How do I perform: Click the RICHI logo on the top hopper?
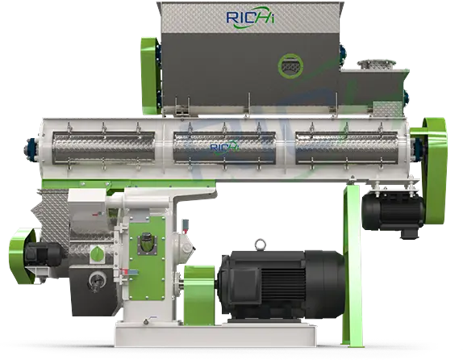pos(250,18)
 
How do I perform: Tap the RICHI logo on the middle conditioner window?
pos(224,147)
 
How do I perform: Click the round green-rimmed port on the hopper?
pos(290,66)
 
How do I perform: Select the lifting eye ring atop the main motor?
pos(260,245)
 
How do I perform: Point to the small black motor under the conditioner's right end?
pos(393,211)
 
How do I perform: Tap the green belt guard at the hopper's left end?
pos(150,76)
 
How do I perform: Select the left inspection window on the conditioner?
pos(103,148)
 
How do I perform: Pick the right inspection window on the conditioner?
pos(346,148)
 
